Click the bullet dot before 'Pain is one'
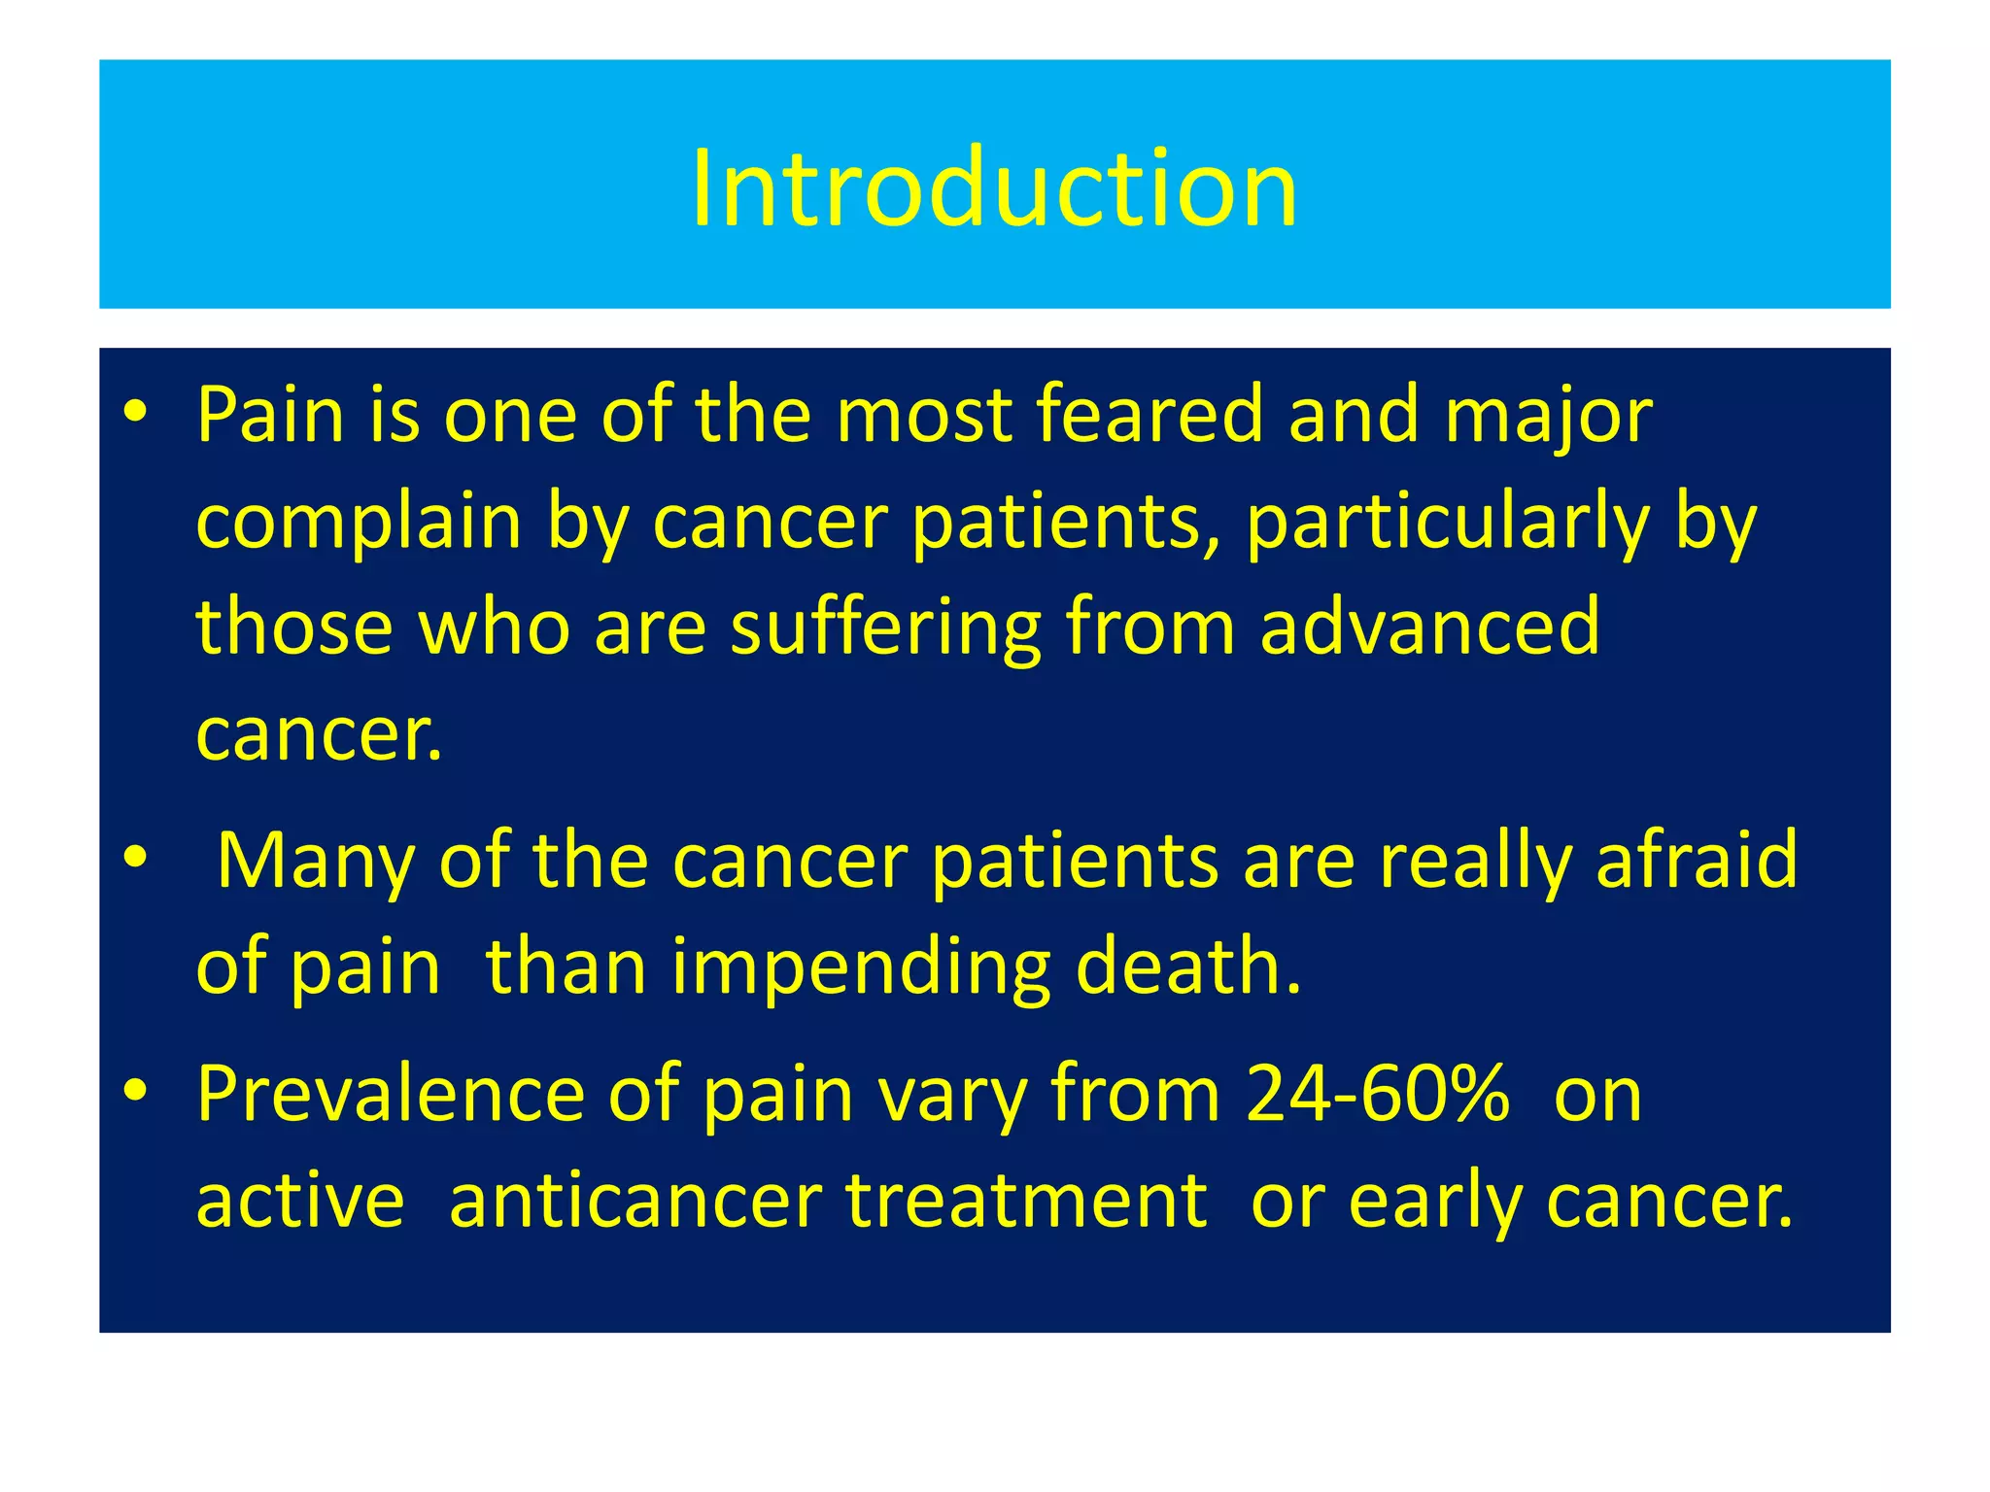point(135,413)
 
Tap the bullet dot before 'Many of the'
point(135,858)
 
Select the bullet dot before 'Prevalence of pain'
point(135,1091)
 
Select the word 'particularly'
point(1447,523)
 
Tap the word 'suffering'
point(885,627)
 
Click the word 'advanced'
point(1429,627)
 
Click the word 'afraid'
point(1697,861)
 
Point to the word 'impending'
point(861,967)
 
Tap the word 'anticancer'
point(635,1201)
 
